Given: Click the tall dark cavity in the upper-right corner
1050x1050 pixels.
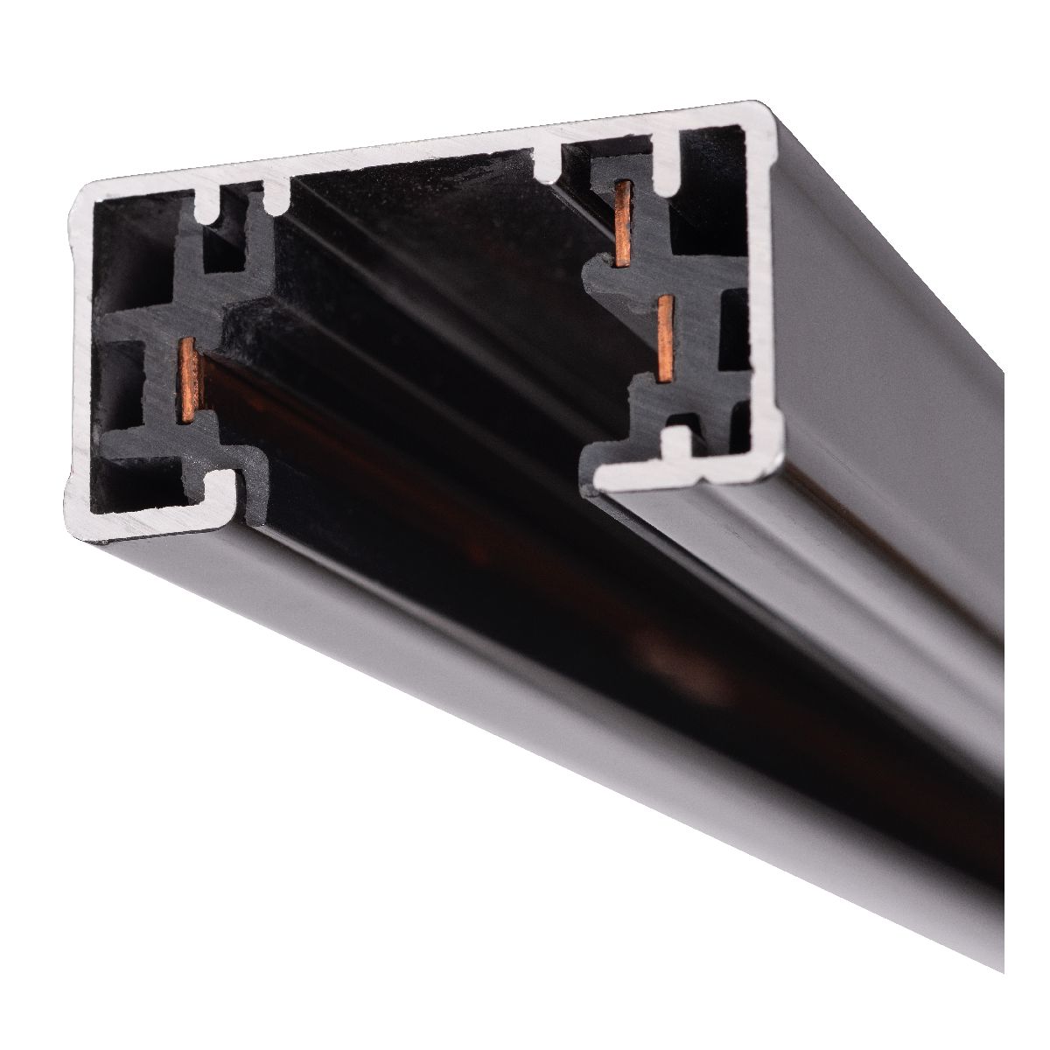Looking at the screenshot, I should click(x=709, y=210).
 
